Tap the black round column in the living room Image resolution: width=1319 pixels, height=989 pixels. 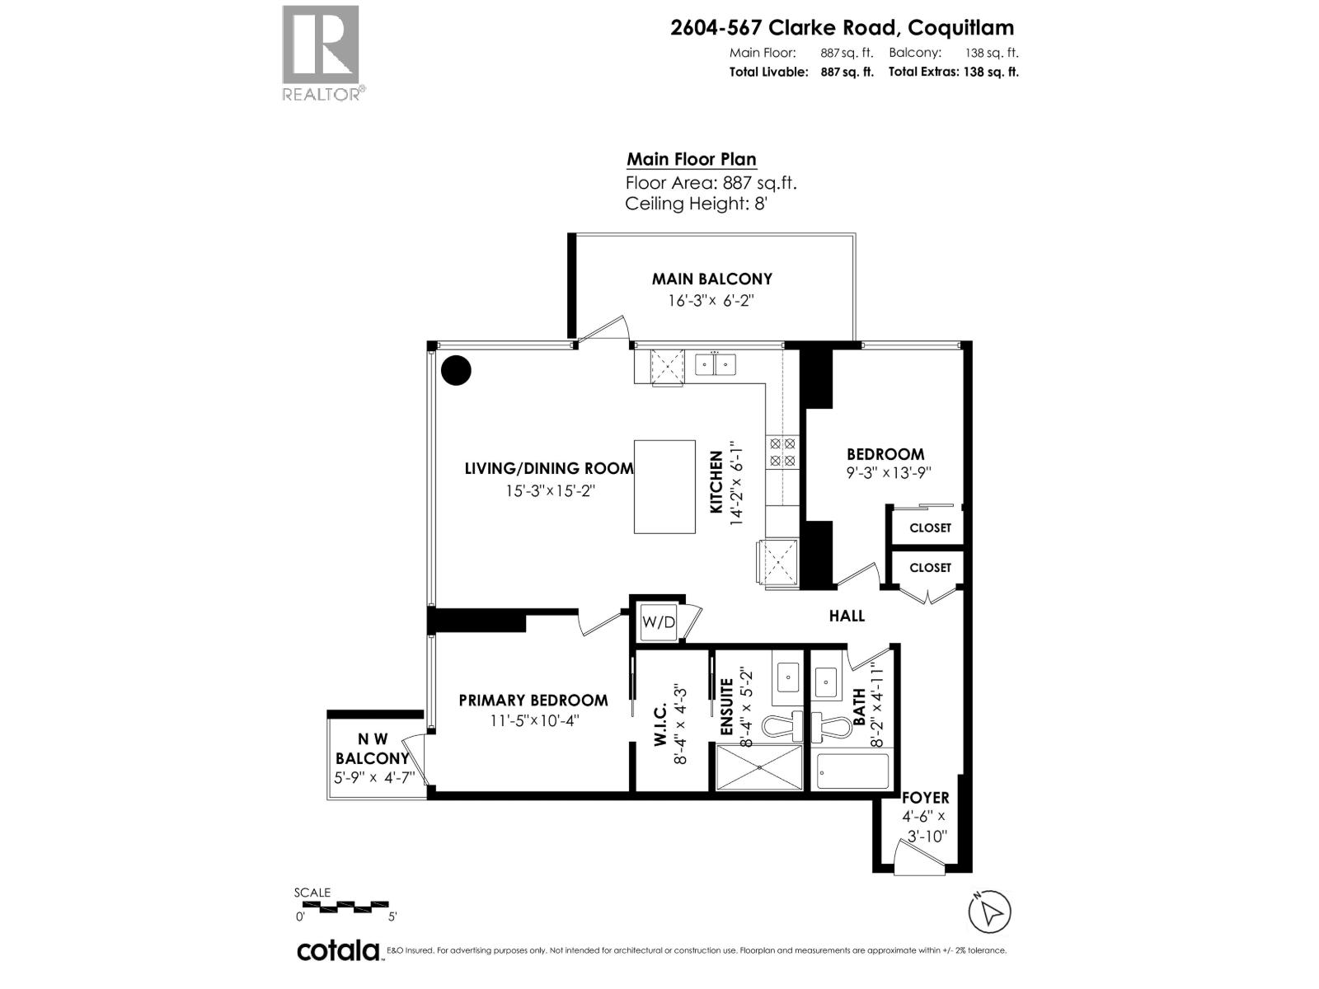[456, 370]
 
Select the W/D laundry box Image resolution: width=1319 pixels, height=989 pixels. [659, 622]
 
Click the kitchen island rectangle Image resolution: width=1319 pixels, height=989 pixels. [664, 486]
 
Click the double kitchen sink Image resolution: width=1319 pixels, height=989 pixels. [715, 363]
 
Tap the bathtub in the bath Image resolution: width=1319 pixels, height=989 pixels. [852, 771]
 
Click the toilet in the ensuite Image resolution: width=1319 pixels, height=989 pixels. [782, 725]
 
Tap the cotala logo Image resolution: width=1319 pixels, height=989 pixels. [338, 950]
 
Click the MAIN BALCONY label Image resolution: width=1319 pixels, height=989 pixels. [711, 279]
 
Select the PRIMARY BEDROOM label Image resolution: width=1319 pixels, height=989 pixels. [533, 700]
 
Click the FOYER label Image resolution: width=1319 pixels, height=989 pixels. [925, 797]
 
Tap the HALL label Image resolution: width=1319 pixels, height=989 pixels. [847, 616]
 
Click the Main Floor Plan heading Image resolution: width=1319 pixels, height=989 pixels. [691, 159]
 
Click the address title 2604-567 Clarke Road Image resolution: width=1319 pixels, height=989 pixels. [842, 27]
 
